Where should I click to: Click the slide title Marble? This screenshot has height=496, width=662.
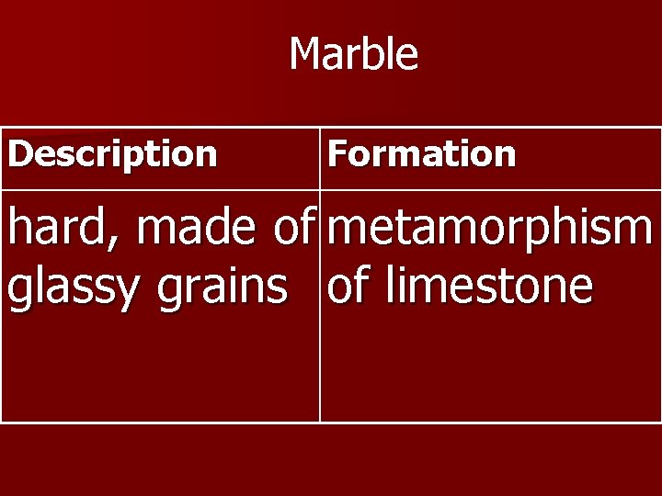(354, 54)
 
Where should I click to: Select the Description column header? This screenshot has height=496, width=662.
(112, 153)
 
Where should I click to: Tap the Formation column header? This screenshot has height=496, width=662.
(421, 153)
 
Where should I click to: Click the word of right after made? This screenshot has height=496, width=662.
(291, 230)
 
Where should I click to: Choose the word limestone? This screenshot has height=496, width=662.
(489, 286)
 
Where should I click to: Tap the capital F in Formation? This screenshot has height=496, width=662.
(337, 153)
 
